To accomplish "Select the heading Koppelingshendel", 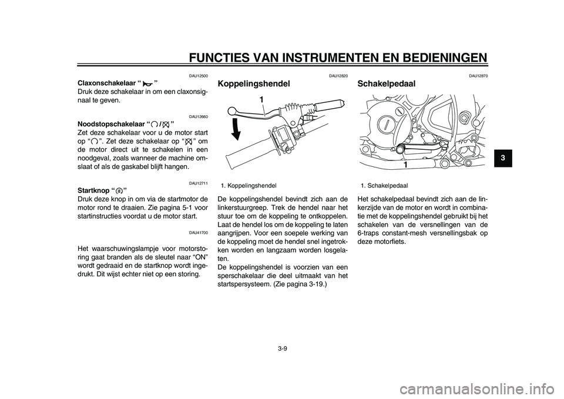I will pyautogui.click(x=253, y=84).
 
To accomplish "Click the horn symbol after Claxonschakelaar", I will pyautogui.click(x=147, y=84).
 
